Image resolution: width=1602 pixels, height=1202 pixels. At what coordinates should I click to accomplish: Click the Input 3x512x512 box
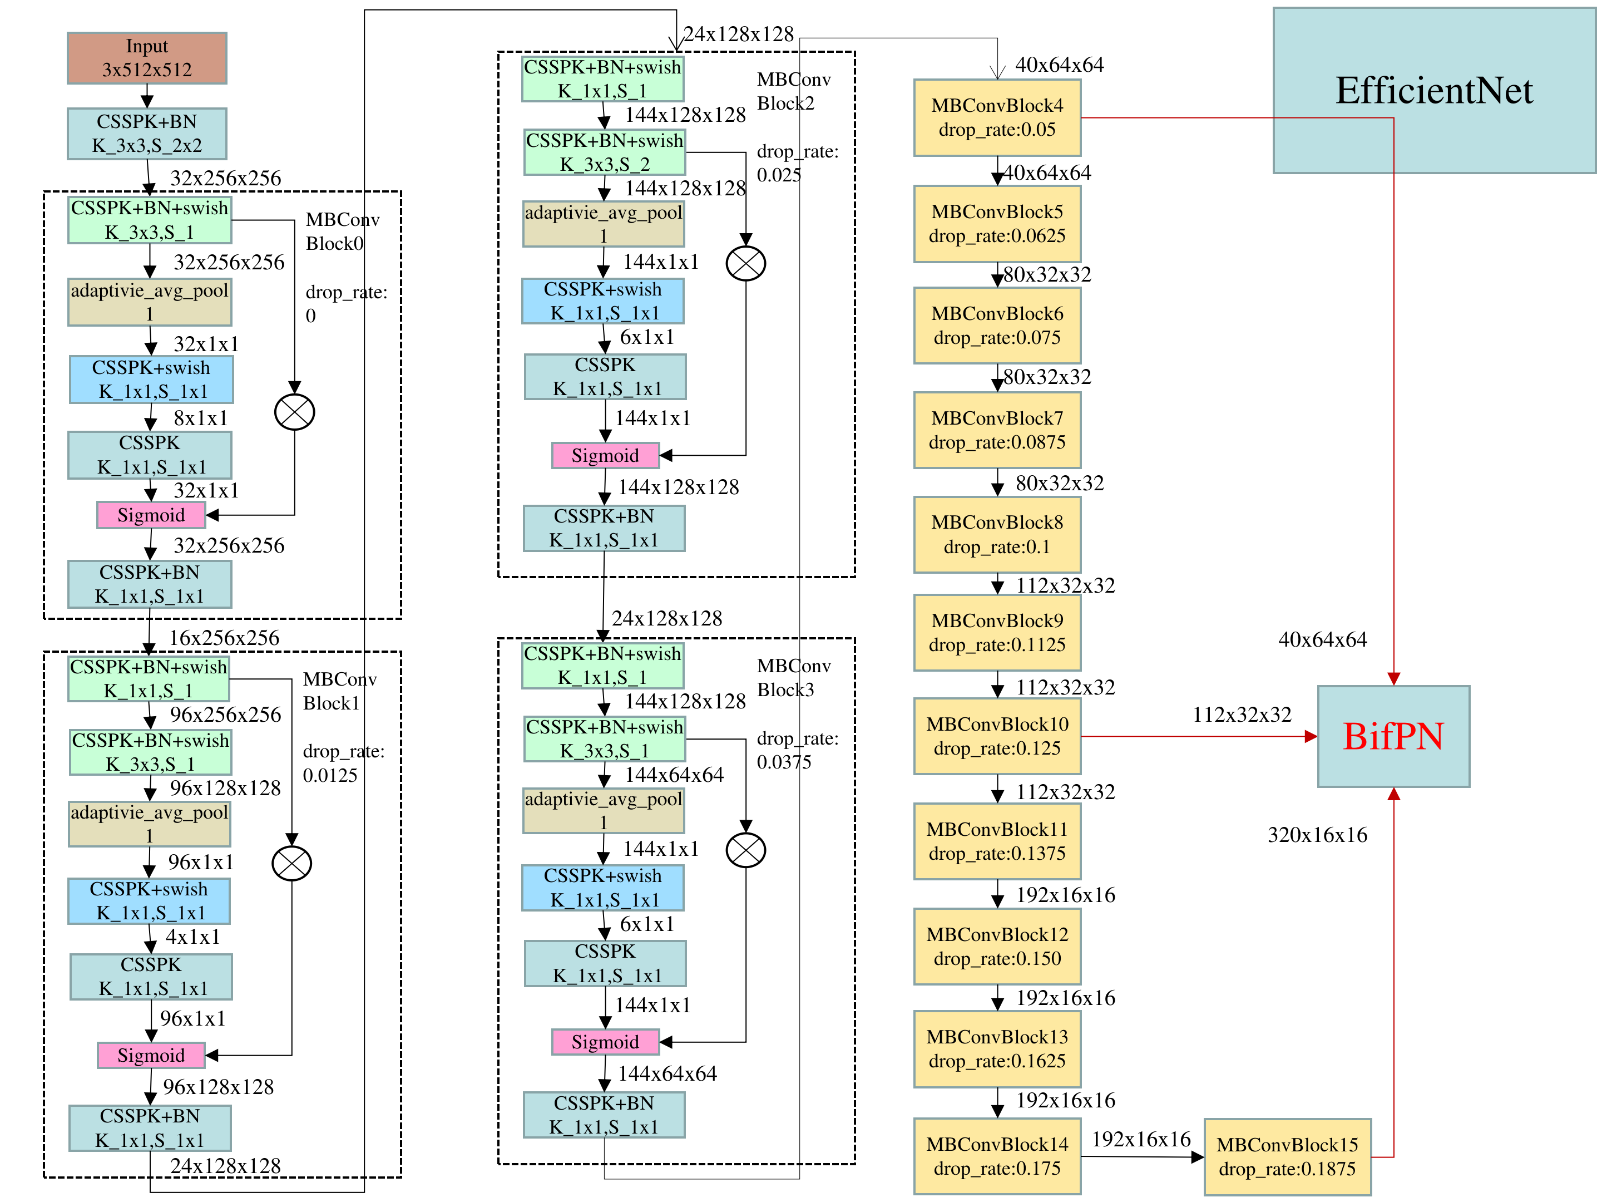tap(147, 58)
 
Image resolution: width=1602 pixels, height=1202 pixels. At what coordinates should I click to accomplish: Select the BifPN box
tap(1393, 736)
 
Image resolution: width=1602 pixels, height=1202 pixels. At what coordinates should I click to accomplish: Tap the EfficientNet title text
tap(1433, 91)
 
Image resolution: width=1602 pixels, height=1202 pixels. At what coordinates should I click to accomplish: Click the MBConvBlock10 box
tap(997, 736)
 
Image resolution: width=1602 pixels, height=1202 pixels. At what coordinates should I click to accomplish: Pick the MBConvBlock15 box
tap(1287, 1157)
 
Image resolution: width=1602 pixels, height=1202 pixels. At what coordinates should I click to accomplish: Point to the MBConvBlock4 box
tap(997, 117)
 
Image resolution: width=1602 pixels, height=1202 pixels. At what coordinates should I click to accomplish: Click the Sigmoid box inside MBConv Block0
tap(151, 515)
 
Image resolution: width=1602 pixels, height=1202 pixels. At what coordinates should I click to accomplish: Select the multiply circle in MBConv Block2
tap(745, 263)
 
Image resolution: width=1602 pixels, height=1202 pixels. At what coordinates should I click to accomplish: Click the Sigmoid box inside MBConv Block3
tap(605, 1042)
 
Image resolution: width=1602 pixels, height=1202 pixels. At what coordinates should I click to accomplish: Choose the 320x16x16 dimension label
tap(1317, 835)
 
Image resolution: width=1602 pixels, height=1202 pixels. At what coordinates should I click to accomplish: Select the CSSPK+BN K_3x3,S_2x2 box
tap(147, 134)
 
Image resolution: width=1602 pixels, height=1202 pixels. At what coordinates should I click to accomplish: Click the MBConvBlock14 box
tap(997, 1156)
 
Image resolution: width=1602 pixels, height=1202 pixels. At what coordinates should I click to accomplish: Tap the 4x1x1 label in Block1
tap(192, 937)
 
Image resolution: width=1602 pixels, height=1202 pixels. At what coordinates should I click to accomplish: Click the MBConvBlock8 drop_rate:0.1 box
tap(997, 535)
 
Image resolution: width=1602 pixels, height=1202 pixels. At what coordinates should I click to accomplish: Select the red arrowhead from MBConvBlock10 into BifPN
tap(1310, 736)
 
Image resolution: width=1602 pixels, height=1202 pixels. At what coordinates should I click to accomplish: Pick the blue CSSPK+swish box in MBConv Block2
tap(602, 300)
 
